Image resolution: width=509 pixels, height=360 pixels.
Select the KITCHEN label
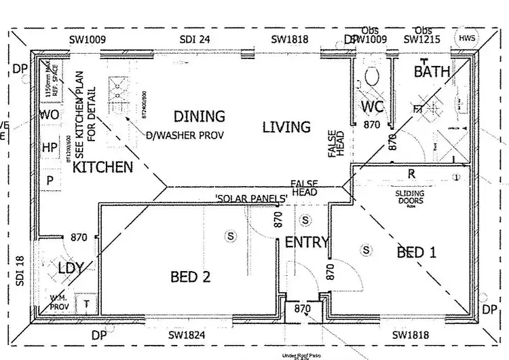click(x=103, y=167)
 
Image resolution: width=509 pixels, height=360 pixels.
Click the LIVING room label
click(x=286, y=127)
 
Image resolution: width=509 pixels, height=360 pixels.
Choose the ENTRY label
click(x=307, y=242)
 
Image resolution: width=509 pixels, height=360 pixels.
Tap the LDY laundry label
click(x=71, y=268)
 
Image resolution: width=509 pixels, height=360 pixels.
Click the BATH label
click(x=432, y=71)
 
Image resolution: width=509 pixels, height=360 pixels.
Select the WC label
click(x=372, y=107)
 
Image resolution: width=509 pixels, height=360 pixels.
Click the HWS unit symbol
click(x=468, y=39)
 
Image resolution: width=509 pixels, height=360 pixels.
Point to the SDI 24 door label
click(x=194, y=39)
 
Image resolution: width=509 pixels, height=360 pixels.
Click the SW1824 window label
click(x=187, y=336)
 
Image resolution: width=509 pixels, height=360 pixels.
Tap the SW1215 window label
click(x=422, y=39)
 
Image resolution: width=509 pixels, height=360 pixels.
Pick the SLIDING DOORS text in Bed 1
click(x=410, y=197)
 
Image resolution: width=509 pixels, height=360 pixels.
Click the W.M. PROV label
click(x=60, y=302)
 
